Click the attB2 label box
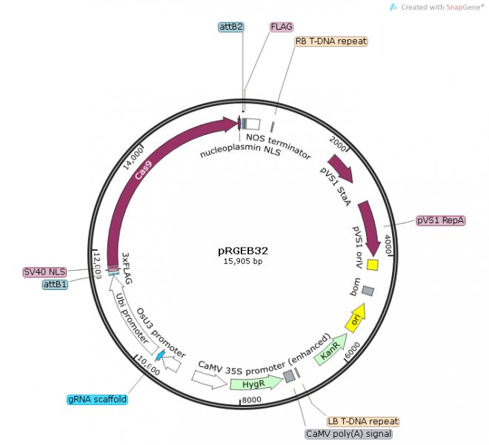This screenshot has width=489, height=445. click(x=231, y=27)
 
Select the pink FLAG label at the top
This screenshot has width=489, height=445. click(x=282, y=27)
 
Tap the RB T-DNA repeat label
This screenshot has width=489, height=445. click(x=330, y=42)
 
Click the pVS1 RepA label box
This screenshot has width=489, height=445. click(x=440, y=220)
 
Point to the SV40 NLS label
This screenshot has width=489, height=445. click(x=44, y=271)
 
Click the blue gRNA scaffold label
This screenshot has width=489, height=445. click(x=97, y=399)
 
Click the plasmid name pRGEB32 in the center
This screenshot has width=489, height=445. click(x=243, y=250)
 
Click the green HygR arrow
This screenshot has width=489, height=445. click(x=253, y=383)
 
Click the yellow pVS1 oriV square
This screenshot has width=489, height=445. click(x=373, y=265)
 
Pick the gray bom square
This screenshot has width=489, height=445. click(x=367, y=291)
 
